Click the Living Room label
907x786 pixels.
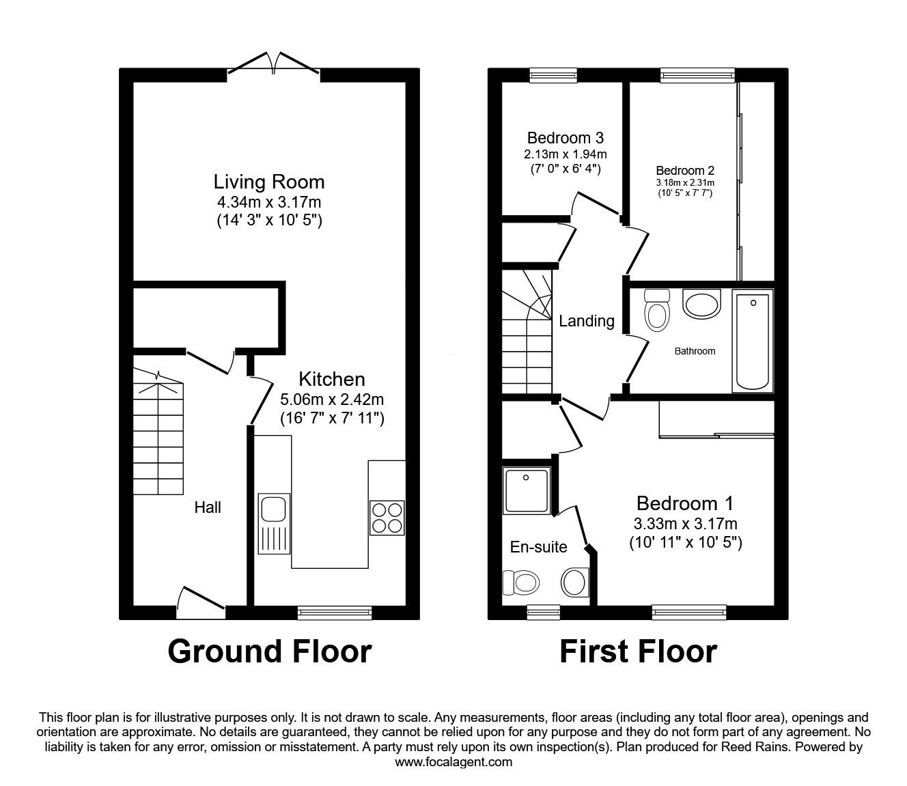tap(269, 182)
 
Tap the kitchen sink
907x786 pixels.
tap(275, 524)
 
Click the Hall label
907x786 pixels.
tap(208, 507)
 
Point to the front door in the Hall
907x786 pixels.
tap(200, 600)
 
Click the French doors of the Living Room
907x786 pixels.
tap(273, 64)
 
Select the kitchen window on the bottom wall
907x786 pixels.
tap(335, 613)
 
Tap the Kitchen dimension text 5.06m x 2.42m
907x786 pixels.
tap(332, 399)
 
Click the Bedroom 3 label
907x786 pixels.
tap(565, 137)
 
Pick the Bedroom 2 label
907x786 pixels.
tap(685, 170)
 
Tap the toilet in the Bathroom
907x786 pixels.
tap(658, 310)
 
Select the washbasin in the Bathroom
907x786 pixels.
tap(701, 304)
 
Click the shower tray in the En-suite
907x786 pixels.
tap(526, 490)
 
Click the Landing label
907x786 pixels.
tap(587, 320)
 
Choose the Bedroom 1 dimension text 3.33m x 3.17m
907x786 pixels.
tap(685, 524)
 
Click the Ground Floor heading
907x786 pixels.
tap(269, 651)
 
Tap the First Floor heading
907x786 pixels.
tap(638, 651)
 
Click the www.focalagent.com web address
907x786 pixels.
tap(454, 762)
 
